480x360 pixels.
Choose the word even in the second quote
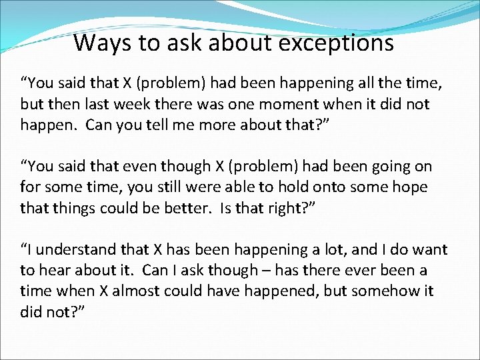point(141,166)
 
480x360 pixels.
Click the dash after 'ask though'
point(267,270)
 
